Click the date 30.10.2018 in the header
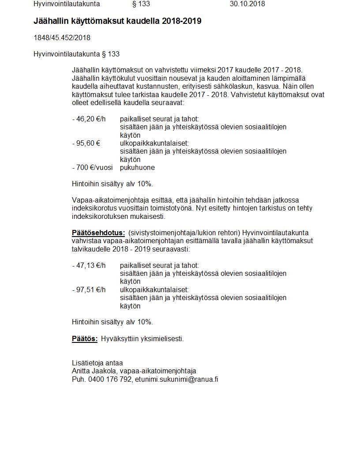click(247, 4)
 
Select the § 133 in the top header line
click(141, 4)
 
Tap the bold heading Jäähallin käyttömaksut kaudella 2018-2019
click(117, 21)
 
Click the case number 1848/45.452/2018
click(62, 38)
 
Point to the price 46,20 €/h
click(90, 119)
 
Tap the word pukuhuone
click(137, 168)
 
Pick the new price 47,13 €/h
click(90, 266)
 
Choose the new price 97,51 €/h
click(90, 290)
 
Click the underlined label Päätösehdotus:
click(98, 233)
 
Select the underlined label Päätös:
click(85, 339)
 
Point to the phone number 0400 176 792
click(110, 379)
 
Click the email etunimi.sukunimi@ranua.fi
click(176, 379)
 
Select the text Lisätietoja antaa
click(97, 363)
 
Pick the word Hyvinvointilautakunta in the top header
click(67, 4)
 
